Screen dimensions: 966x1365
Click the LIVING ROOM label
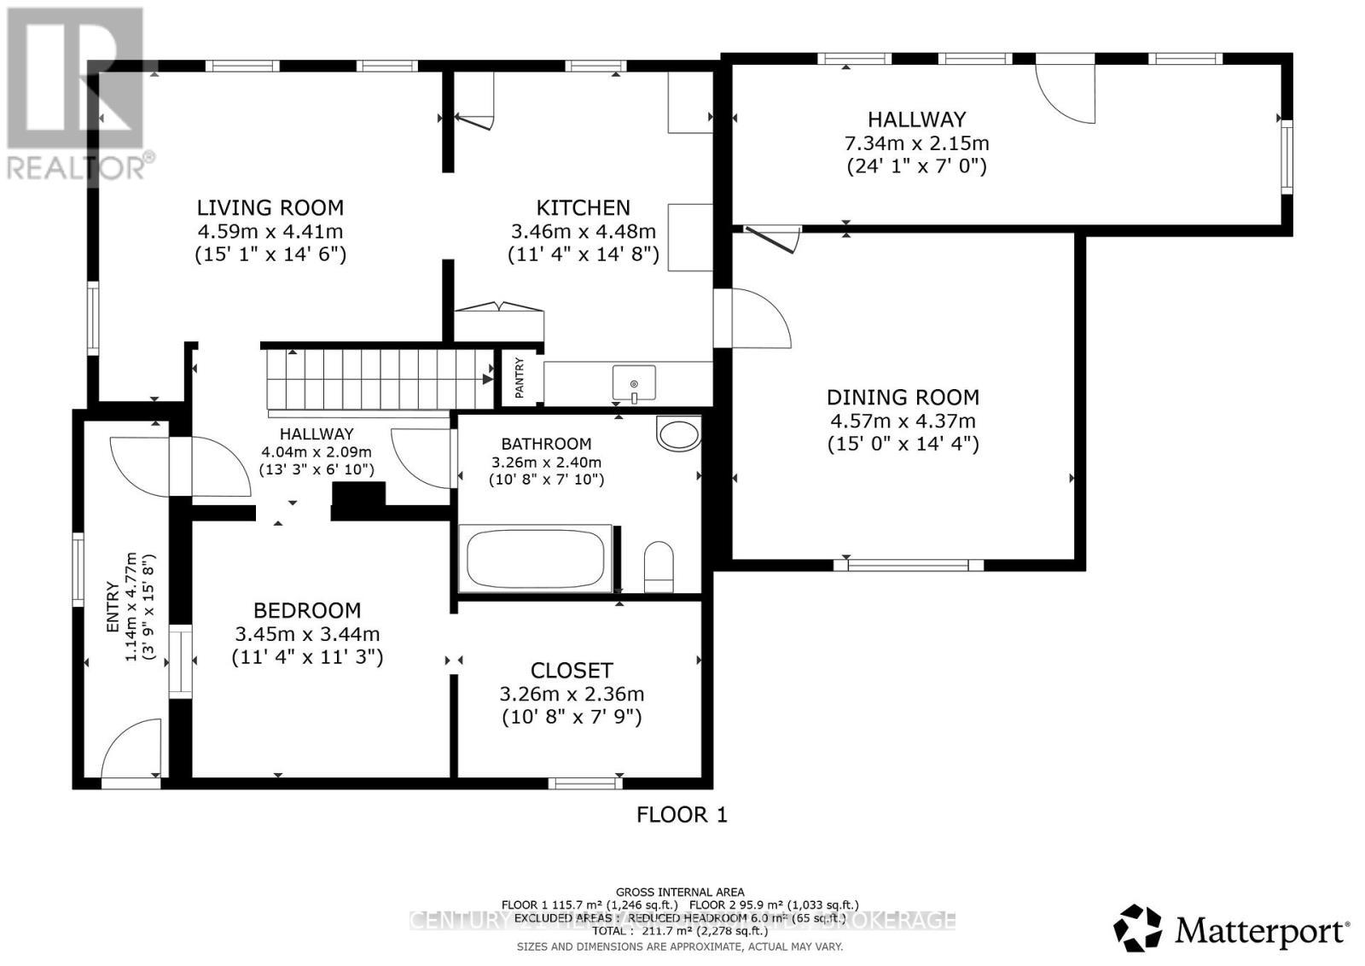tap(270, 207)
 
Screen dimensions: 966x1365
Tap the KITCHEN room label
tap(583, 207)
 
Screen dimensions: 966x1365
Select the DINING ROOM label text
tap(903, 397)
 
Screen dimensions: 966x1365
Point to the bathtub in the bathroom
tap(536, 558)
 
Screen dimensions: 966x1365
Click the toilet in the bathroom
tap(659, 567)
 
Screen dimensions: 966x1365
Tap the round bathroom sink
tap(679, 434)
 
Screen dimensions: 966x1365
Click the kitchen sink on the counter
tap(634, 381)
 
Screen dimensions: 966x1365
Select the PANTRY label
tap(520, 377)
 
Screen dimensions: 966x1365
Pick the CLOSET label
tap(572, 671)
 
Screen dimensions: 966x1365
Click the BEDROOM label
tap(307, 610)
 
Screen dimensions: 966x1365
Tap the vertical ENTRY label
tap(112, 607)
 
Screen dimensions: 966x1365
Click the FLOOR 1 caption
tap(682, 815)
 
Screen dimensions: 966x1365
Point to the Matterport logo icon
tap(1137, 928)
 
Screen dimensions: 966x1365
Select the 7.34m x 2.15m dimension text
tap(916, 143)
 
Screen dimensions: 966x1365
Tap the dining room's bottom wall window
tap(909, 564)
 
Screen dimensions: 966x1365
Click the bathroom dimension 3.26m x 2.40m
tap(546, 463)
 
